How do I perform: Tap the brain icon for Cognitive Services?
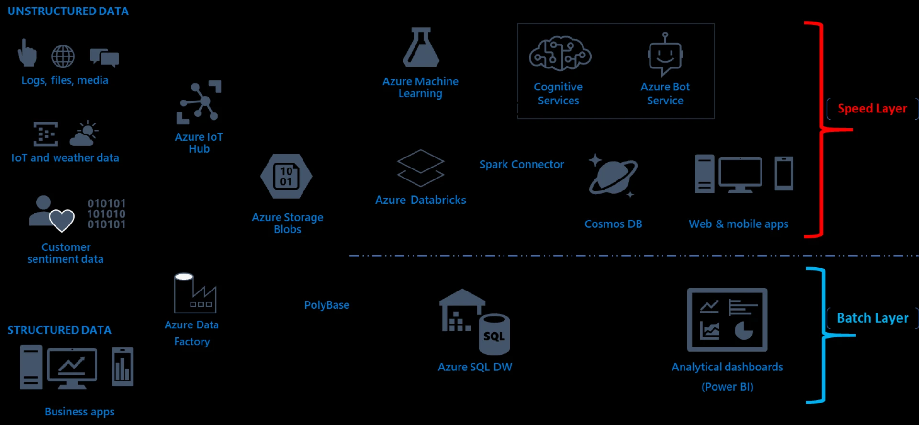[560, 54]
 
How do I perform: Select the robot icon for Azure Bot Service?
[665, 55]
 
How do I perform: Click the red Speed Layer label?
[872, 109]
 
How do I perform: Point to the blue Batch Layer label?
[872, 318]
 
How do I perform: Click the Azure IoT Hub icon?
[199, 102]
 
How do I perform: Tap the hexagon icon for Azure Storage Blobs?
[286, 176]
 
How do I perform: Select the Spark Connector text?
[522, 164]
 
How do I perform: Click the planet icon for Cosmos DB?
[613, 176]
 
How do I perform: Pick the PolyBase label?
[327, 305]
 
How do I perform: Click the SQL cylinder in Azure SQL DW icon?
[494, 335]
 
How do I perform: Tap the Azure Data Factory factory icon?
[194, 293]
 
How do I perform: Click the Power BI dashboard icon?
[727, 320]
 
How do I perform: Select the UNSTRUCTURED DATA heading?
[68, 11]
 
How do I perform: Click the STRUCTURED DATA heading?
[59, 330]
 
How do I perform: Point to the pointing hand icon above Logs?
[27, 53]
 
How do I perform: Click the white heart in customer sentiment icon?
[62, 220]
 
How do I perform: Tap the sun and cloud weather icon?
[84, 134]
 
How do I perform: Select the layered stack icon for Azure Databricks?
[421, 168]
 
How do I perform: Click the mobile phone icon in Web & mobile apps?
[784, 173]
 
